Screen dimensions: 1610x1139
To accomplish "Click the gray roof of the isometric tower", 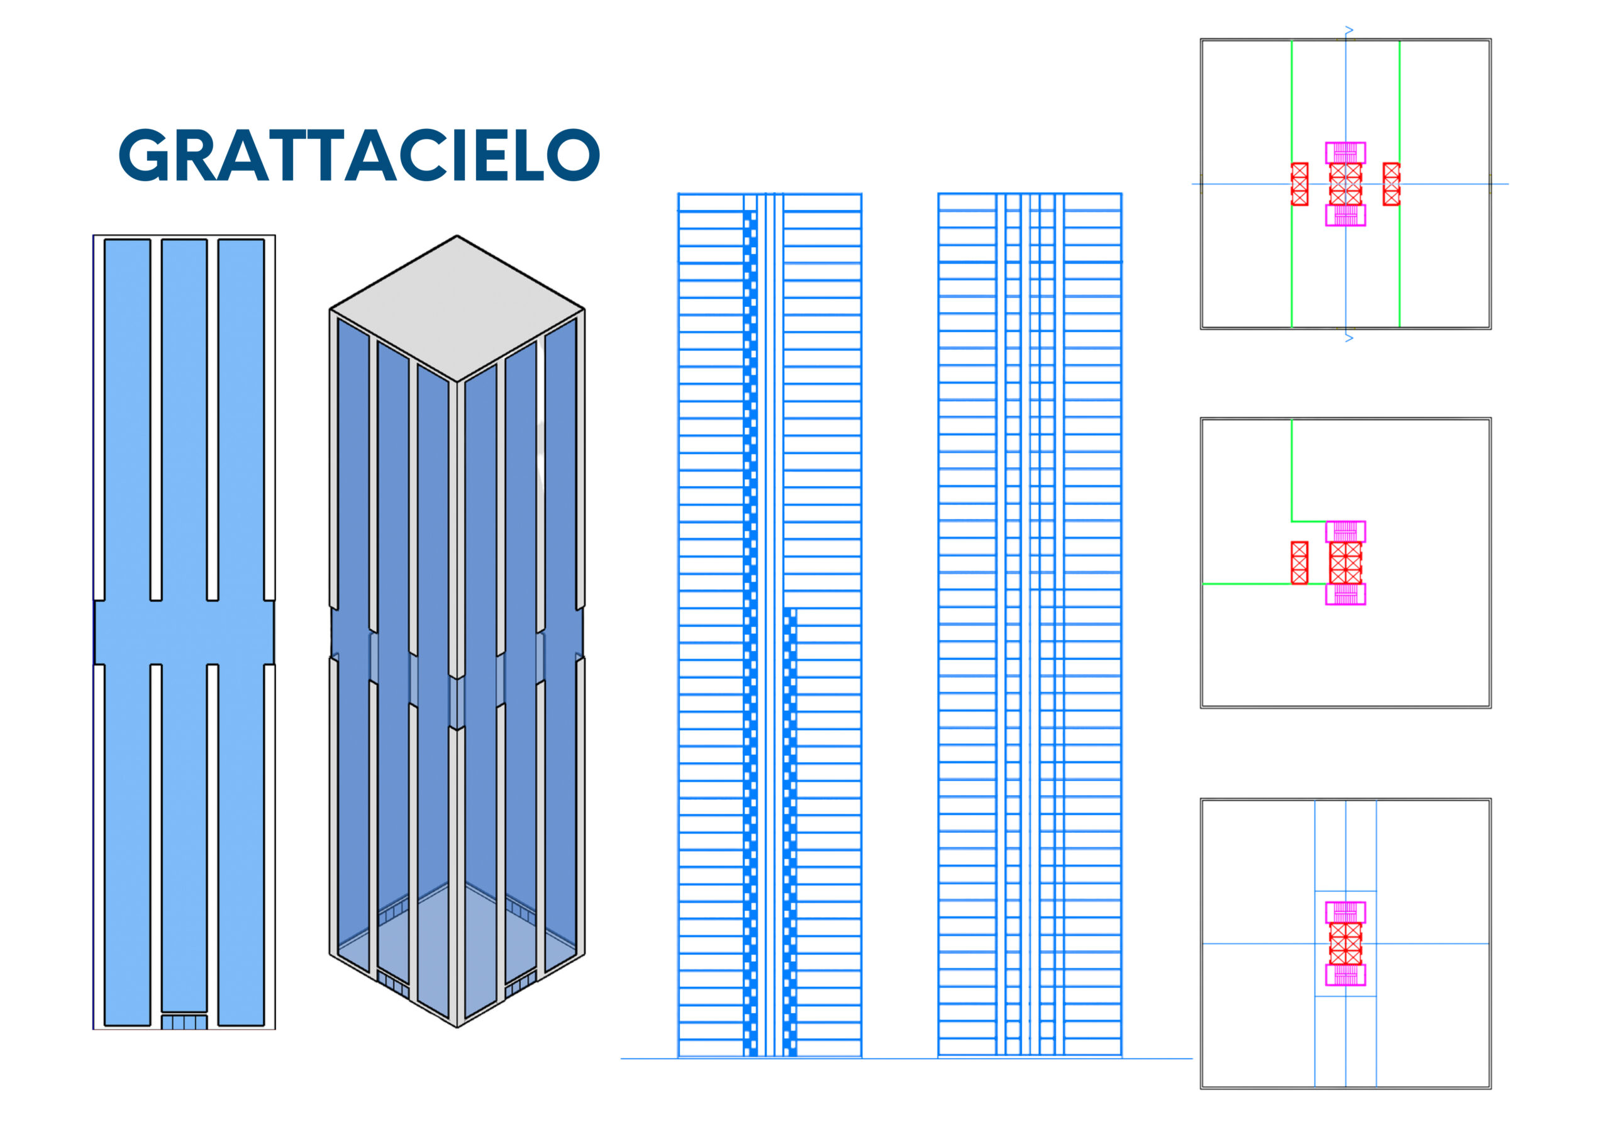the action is tap(457, 309).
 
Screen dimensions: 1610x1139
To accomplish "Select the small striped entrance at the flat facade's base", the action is tap(184, 1022).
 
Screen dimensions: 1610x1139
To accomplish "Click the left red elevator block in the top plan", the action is tap(1299, 184).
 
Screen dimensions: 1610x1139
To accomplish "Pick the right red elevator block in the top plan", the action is tap(1391, 184).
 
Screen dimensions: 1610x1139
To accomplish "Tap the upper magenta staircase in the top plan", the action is tap(1345, 153).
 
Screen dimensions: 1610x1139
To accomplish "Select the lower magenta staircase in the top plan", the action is tap(1345, 215).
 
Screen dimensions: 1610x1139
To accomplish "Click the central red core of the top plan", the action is tap(1346, 184).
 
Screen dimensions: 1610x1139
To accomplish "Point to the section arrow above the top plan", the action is tap(1348, 30).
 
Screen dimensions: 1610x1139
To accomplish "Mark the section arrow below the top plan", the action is tap(1348, 338).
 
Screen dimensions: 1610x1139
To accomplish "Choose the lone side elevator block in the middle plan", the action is tap(1299, 562).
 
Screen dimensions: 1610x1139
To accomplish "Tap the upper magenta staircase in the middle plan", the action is tap(1345, 531).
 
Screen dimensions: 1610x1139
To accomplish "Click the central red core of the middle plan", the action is tap(1346, 562).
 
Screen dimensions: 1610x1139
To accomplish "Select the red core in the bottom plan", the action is tap(1346, 943).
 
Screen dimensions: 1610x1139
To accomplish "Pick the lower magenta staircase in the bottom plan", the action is tap(1345, 975).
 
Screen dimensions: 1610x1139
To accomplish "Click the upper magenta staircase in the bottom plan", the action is tap(1345, 913).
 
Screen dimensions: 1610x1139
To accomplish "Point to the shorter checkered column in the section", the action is tap(791, 833).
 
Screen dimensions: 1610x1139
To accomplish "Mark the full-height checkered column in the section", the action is tap(750, 634).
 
